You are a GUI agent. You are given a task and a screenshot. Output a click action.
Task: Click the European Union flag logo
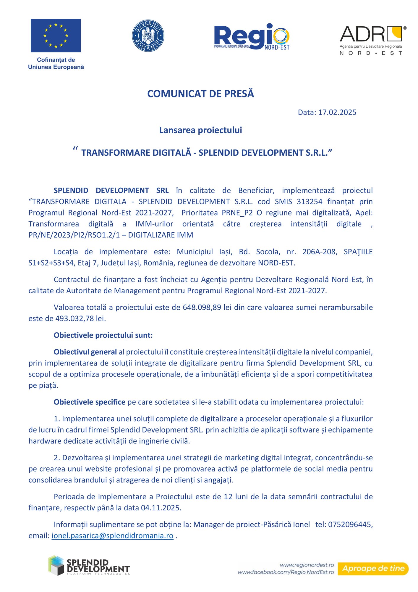click(56, 36)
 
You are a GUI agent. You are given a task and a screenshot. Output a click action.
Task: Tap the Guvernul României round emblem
click(148, 36)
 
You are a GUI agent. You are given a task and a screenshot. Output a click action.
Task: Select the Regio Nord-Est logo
click(252, 37)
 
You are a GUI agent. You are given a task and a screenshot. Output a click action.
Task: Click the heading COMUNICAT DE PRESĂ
click(200, 94)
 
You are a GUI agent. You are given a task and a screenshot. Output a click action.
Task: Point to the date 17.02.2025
click(337, 112)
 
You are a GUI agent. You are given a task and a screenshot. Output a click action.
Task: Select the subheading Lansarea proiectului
click(200, 130)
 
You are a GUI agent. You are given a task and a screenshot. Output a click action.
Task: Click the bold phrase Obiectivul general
click(85, 352)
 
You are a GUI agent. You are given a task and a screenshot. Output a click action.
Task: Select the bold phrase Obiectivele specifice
click(90, 402)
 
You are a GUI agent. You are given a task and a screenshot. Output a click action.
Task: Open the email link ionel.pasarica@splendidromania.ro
click(112, 536)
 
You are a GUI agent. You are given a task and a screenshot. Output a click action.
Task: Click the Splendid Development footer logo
click(89, 565)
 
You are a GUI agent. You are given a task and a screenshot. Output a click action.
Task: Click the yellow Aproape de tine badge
click(373, 569)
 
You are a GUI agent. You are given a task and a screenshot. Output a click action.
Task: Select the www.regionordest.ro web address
click(307, 565)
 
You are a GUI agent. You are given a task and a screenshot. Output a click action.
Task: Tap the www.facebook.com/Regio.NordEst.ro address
click(286, 572)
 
